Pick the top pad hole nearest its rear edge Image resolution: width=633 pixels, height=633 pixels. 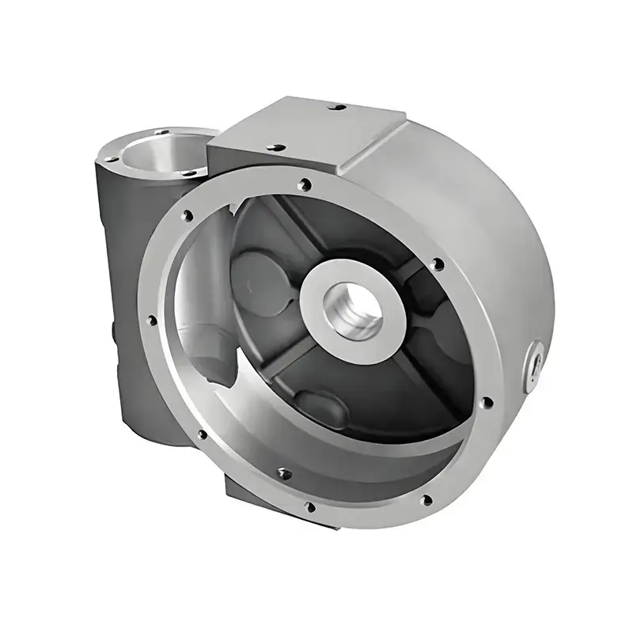click(x=338, y=106)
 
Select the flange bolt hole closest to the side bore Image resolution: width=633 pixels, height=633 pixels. click(x=187, y=214)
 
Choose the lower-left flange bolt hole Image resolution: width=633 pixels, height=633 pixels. click(x=203, y=434)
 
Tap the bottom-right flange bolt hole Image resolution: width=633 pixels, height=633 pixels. click(x=426, y=499)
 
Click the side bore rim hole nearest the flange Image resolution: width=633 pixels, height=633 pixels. click(x=189, y=170)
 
